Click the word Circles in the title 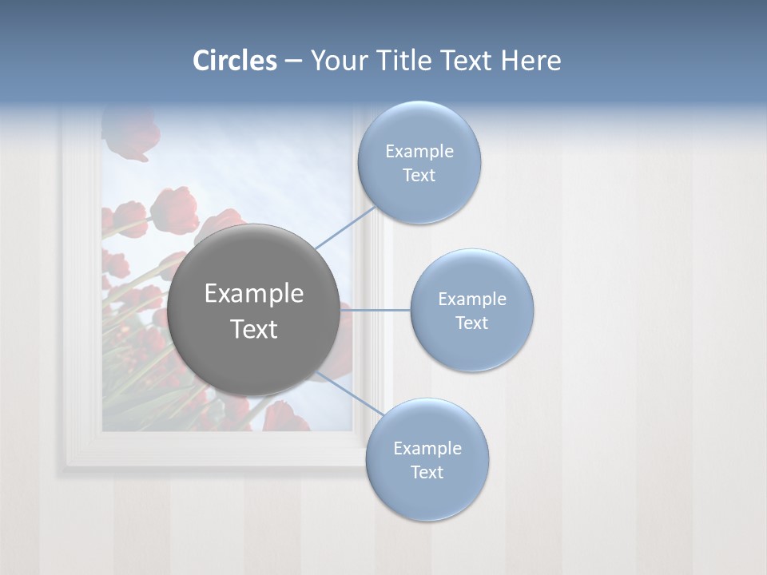(234, 61)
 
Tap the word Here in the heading (531, 61)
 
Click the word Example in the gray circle (253, 294)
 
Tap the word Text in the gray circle (253, 329)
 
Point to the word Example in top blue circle (419, 151)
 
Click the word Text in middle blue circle (471, 323)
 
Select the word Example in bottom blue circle (427, 448)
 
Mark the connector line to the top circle (345, 228)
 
